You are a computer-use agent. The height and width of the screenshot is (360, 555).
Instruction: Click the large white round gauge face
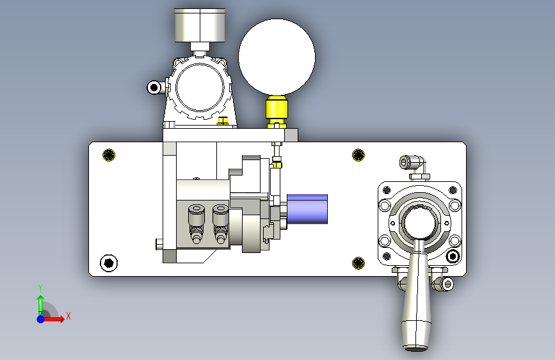point(277,57)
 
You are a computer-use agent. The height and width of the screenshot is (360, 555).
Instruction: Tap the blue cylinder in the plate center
point(307,209)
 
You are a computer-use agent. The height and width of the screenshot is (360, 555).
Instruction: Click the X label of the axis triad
point(68,316)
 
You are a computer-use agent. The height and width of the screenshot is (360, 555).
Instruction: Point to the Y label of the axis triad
point(40,288)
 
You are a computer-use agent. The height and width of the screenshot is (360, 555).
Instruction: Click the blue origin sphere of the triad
point(41,319)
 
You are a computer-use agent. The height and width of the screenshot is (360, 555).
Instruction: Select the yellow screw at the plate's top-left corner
point(109,155)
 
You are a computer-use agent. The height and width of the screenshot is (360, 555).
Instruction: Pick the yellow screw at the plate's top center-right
point(358,155)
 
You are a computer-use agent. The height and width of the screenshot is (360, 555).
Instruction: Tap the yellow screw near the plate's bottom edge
point(358,263)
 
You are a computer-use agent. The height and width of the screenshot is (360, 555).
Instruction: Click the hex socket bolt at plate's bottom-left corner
point(109,263)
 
